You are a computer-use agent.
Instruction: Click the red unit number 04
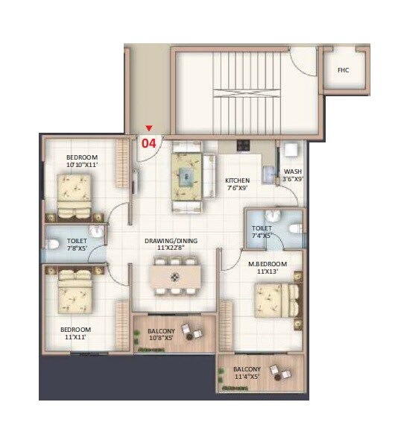click(148, 143)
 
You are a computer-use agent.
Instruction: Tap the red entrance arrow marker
click(148, 129)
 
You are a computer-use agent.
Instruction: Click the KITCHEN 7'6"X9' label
click(237, 184)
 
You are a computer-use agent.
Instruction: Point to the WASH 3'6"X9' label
click(292, 175)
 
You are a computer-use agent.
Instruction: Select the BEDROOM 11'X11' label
click(76, 333)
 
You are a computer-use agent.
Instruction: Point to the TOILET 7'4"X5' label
click(262, 232)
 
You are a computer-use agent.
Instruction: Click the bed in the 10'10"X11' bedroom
click(77, 191)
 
